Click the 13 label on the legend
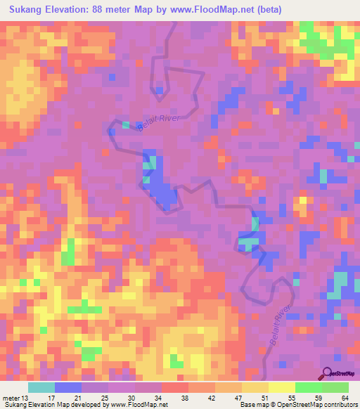click(x=26, y=398)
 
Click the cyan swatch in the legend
click(x=41, y=387)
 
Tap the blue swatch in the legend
click(x=67, y=387)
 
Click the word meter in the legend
click(x=11, y=398)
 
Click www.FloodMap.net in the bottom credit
click(x=136, y=405)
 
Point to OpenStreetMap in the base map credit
click(x=289, y=405)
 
